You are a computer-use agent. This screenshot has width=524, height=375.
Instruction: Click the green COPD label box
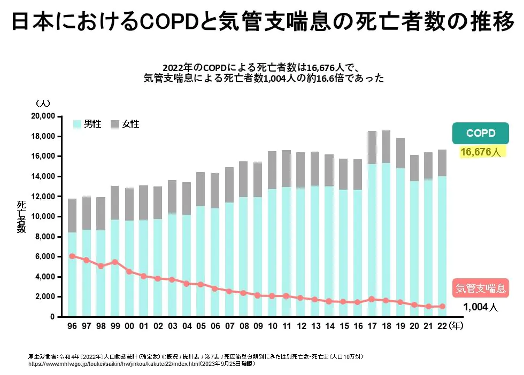tap(480, 133)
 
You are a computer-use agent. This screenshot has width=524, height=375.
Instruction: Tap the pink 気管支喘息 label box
tap(480, 288)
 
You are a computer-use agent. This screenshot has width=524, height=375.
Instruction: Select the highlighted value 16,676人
tap(480, 153)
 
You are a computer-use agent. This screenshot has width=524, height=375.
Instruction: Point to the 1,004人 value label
tap(480, 307)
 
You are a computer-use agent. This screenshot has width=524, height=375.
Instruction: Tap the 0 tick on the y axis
tap(52, 317)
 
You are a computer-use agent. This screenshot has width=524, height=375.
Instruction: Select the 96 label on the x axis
tap(72, 325)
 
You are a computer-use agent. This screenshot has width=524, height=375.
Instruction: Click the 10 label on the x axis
tap(273, 325)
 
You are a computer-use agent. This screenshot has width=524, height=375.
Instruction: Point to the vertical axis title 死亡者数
tap(21, 217)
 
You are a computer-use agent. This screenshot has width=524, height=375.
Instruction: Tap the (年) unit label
tap(458, 325)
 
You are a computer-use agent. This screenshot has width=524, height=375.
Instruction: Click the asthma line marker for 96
tap(72, 256)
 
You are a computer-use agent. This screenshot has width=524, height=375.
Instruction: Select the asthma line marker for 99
tap(114, 262)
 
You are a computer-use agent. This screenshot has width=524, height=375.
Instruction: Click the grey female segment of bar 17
tap(372, 147)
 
